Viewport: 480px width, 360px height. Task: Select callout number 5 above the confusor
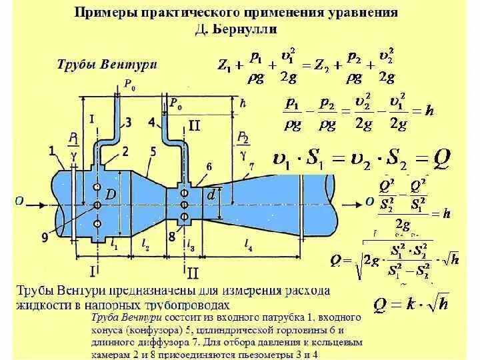click(x=153, y=152)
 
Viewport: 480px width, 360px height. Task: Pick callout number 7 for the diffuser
click(x=251, y=165)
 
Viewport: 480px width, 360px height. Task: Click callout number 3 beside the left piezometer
click(x=127, y=121)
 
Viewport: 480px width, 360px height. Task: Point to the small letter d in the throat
click(x=211, y=195)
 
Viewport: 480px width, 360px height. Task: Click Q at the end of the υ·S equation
click(x=442, y=158)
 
